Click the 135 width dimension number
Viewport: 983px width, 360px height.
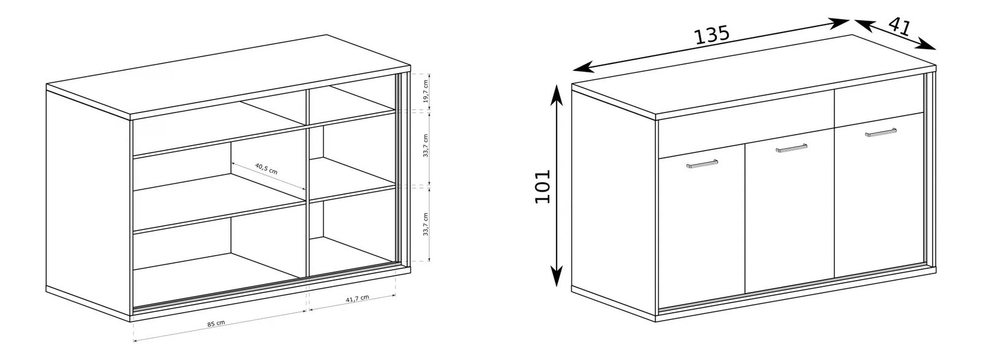(711, 35)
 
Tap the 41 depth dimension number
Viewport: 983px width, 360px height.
(899, 27)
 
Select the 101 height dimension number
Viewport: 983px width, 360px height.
(543, 186)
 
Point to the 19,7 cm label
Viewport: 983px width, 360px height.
(425, 92)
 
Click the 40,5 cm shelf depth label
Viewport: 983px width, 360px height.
(267, 168)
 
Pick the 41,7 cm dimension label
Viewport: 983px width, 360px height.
(358, 299)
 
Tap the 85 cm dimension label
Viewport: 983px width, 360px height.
(216, 324)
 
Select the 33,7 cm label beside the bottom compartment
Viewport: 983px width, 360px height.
(425, 224)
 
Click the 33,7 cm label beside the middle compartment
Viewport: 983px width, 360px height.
(425, 146)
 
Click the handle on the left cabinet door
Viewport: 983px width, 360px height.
(702, 164)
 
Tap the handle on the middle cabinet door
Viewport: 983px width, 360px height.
(792, 148)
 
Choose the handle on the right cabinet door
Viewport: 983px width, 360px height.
(881, 133)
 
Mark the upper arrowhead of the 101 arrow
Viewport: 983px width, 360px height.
(556, 93)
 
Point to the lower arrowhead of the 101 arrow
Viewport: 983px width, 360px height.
(556, 276)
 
